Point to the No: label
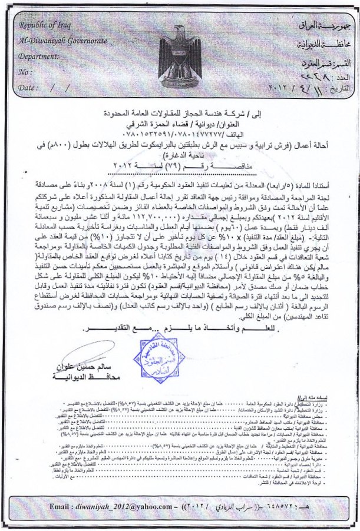[25, 72]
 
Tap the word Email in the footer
[61, 506]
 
